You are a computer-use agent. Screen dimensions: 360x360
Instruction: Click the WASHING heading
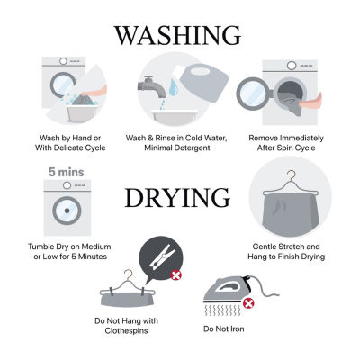pyautogui.click(x=177, y=36)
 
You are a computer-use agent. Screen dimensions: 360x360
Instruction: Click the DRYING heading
pyautogui.click(x=177, y=197)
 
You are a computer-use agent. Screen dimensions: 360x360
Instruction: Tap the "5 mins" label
pyautogui.click(x=67, y=172)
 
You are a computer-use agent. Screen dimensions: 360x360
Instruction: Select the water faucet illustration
pyautogui.click(x=152, y=86)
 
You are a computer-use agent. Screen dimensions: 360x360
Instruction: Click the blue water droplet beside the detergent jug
pyautogui.click(x=174, y=87)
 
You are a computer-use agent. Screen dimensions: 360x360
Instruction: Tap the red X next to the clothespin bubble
pyautogui.click(x=176, y=274)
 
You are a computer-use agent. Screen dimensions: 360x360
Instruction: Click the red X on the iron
pyautogui.click(x=248, y=303)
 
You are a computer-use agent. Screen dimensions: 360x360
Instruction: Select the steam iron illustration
pyautogui.click(x=237, y=291)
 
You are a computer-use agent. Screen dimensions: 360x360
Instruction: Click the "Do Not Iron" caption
pyautogui.click(x=224, y=328)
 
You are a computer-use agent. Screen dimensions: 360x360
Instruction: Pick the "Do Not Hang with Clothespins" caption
pyautogui.click(x=126, y=326)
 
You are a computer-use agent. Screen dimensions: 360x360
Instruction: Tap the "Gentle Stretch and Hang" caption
pyautogui.click(x=286, y=251)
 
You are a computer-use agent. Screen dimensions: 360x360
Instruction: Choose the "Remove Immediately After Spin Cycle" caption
pyautogui.click(x=286, y=143)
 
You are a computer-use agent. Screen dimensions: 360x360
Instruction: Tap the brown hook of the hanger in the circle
pyautogui.click(x=291, y=175)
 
